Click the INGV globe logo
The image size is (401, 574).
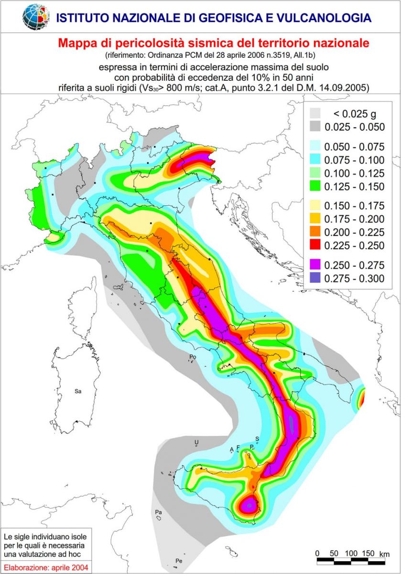(x=36, y=16)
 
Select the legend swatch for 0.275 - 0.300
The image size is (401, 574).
(x=315, y=278)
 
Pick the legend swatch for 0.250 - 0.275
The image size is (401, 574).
(x=315, y=265)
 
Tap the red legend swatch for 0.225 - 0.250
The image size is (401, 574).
(x=315, y=245)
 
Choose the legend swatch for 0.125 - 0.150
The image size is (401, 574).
(x=315, y=186)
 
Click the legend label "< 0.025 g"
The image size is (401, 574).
(x=347, y=114)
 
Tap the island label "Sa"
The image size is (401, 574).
(x=78, y=391)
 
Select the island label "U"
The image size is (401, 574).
(x=196, y=442)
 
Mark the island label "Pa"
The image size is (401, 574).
(x=159, y=512)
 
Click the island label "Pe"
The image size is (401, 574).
(x=179, y=560)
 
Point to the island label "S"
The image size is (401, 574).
(x=257, y=438)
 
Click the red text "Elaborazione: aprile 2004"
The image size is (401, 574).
(x=43, y=567)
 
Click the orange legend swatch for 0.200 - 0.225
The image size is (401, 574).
(x=315, y=232)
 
